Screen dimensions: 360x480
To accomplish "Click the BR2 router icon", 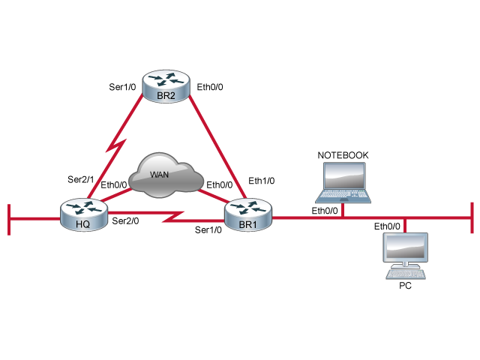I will coord(166,85).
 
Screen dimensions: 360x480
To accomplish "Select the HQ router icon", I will coord(84,214).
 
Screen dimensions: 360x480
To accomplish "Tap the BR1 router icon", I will coord(248,214).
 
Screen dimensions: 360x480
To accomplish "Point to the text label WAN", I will coord(159,175).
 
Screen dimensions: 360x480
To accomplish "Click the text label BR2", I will coord(166,95).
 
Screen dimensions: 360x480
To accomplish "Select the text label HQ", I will coord(83,224).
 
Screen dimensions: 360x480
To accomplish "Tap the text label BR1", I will coord(247,224).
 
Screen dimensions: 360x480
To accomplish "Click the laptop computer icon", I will coord(343,182).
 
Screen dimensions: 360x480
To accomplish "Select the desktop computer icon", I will coord(406,256).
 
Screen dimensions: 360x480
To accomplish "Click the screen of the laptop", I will coord(344,176).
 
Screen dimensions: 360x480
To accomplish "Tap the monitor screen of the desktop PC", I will coord(406,247).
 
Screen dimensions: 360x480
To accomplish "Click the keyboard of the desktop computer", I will coord(406,274).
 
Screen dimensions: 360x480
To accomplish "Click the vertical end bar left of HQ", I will coord(9,218).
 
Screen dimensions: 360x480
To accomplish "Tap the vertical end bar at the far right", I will coord(472,218).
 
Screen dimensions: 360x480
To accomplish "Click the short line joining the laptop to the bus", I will coord(343,210).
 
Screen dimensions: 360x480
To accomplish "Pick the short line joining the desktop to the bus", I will coord(405,225).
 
